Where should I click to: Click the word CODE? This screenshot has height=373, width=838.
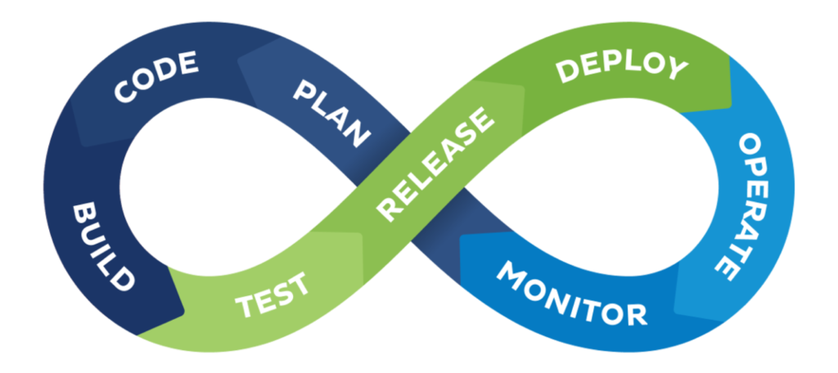click(155, 78)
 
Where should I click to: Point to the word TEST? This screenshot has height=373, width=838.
click(273, 295)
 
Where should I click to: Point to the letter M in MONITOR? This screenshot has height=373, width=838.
click(512, 274)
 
